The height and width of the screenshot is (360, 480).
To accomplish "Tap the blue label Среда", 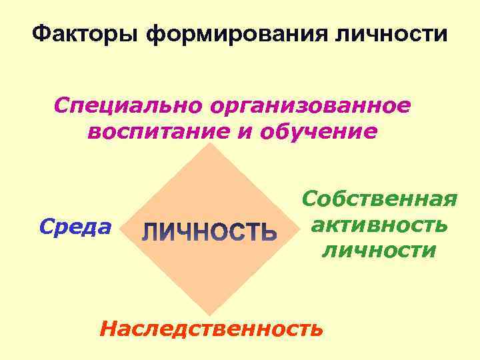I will pos(75,227).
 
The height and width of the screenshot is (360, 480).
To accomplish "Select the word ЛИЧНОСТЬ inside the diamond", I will pos(209,232).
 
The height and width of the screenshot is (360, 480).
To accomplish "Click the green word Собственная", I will pos(379,199).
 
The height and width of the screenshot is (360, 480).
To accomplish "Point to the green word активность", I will pos(379,225).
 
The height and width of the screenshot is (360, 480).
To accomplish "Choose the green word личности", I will pos(379,251).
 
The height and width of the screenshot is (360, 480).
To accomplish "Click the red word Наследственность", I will pos(211,328).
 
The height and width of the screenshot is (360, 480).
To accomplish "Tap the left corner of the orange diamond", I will pos(123,228).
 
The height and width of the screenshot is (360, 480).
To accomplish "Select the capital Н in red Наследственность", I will pos(107,328).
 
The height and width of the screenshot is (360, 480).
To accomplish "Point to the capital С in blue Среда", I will pos(45,227).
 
